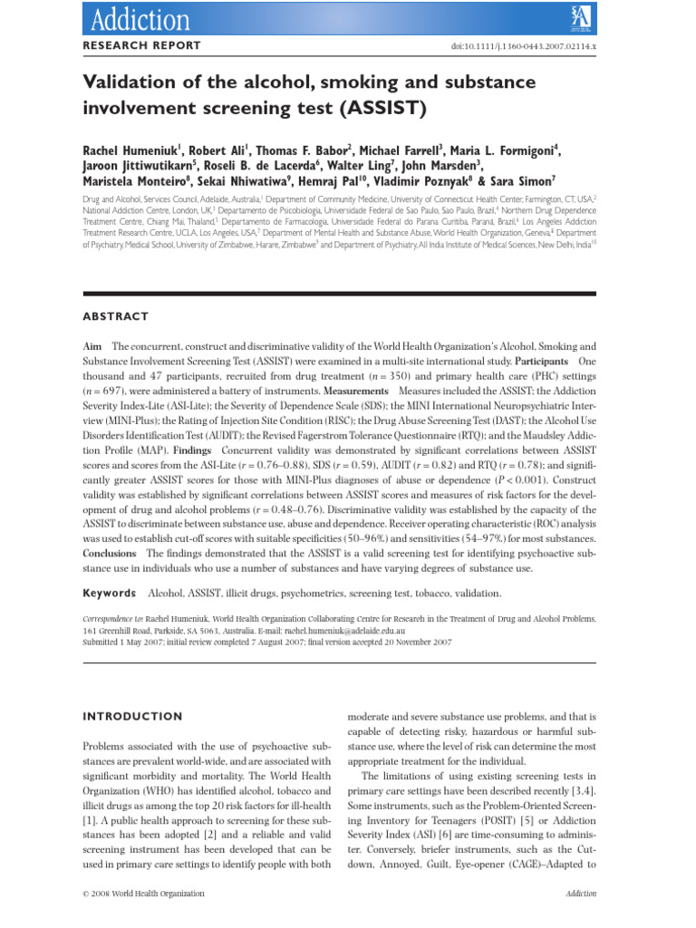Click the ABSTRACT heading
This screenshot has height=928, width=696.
point(115,316)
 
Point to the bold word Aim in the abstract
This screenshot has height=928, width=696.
point(92,347)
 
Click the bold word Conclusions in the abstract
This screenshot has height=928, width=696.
point(110,551)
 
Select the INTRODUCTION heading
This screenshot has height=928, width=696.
point(132,716)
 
